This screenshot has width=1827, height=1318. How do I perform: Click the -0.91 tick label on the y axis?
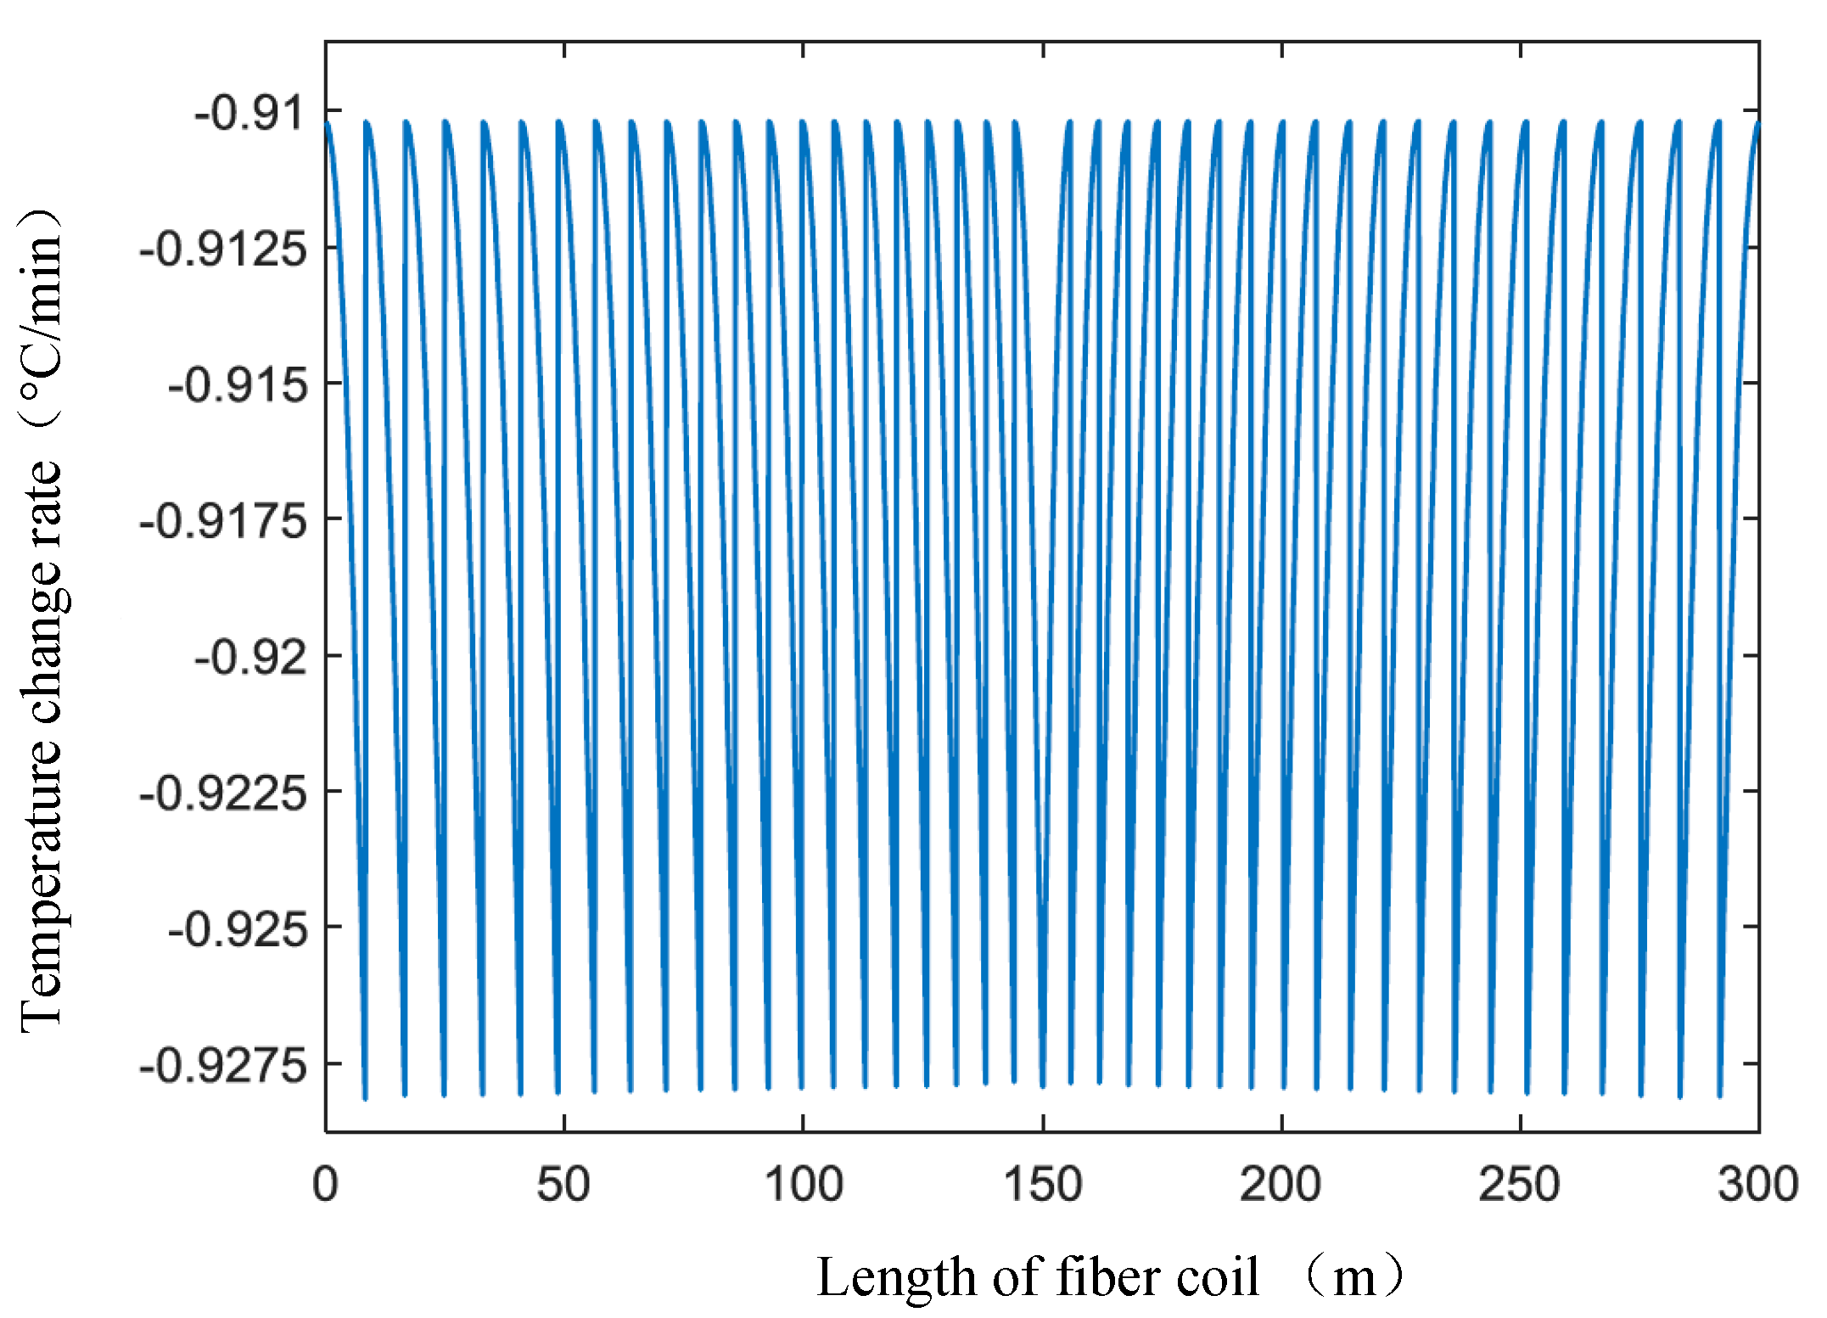pos(249,113)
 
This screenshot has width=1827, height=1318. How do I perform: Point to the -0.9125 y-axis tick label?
pos(222,250)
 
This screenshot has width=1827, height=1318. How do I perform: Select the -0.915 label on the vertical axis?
pos(237,385)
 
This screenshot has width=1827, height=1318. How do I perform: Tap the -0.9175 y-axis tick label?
pos(222,520)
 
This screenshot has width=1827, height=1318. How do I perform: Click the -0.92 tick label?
pos(250,657)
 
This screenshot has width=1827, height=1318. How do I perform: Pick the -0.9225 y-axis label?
pos(222,794)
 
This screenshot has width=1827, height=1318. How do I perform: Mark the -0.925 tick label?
pos(237,929)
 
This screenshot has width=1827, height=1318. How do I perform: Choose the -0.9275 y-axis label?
pos(222,1064)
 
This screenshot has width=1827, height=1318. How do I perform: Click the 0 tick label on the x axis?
pos(325,1184)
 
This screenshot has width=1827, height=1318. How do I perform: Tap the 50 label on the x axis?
pos(563,1184)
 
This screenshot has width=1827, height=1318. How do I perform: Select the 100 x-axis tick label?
pos(803,1184)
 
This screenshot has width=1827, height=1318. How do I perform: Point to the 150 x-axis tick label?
pos(1042,1184)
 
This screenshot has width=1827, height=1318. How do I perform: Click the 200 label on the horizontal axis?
pos(1281,1184)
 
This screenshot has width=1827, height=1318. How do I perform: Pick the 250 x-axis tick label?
pos(1519,1184)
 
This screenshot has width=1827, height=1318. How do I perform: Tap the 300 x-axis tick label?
pos(1757,1184)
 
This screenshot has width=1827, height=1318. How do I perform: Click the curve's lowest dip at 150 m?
pos(1042,1086)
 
